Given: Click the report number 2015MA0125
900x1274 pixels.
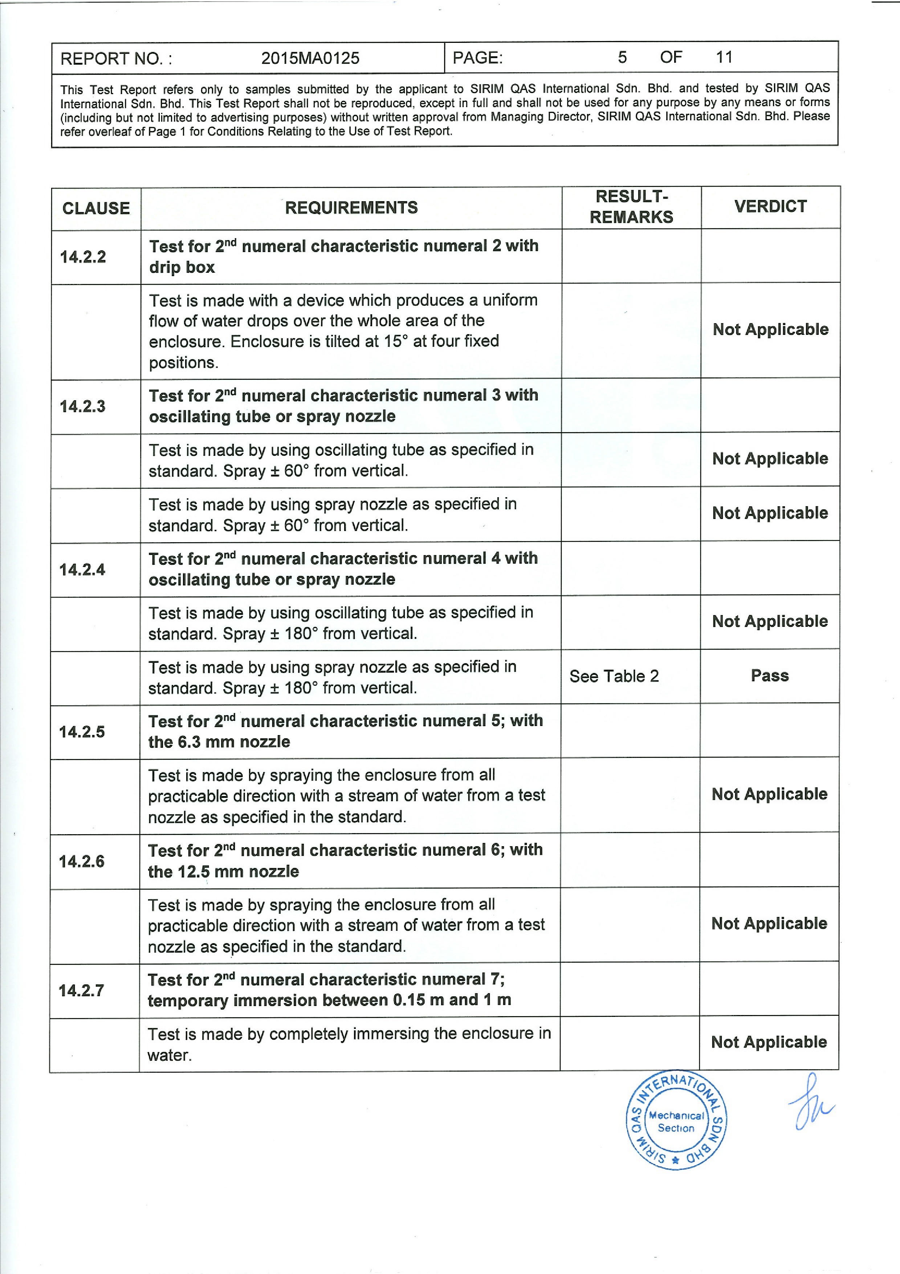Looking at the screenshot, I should pos(310,58).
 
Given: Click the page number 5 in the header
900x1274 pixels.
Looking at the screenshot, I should pos(622,57).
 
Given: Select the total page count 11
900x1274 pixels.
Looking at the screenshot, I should pos(724,57).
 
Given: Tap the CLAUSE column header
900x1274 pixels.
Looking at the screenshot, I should pos(96,208).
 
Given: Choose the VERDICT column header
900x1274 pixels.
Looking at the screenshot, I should pos(770,206).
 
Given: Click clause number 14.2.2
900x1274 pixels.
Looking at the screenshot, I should pos(83,257).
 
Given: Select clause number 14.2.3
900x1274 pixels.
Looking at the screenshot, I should pos(83,406).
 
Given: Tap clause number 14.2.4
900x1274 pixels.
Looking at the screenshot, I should pos(82,569).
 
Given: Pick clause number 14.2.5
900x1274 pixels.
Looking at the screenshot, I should pos(82,731).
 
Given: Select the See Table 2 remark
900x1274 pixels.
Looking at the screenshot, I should pos(614,676).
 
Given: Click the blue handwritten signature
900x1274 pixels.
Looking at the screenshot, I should pos(811,1104).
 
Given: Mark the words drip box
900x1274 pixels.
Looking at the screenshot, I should pos(182,267).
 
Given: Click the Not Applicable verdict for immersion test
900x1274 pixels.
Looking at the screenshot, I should pos(769,1042).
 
